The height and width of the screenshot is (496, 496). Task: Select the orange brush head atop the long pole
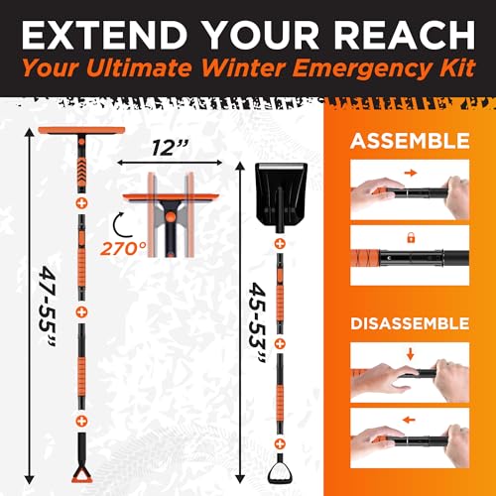pyautogui.click(x=78, y=134)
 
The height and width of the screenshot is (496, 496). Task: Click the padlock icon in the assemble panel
pyautogui.click(x=408, y=237)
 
